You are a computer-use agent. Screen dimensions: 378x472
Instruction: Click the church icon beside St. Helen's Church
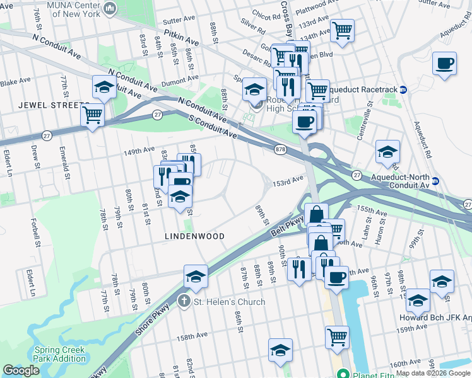(x=184, y=302)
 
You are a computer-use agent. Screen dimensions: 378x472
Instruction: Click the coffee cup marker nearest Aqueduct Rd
(x=445, y=64)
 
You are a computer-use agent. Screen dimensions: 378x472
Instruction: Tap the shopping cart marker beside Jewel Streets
(x=93, y=115)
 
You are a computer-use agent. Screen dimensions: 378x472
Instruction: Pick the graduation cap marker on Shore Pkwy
(x=196, y=276)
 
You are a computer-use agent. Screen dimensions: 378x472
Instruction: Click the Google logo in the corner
(x=21, y=370)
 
